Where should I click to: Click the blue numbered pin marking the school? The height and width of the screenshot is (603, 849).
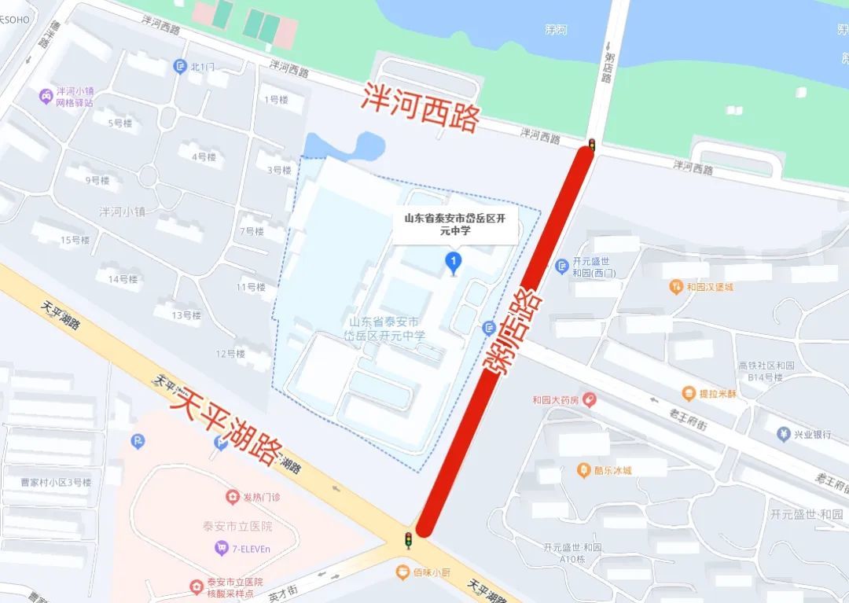(x=453, y=261)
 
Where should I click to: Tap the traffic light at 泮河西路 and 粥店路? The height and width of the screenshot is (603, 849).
(x=591, y=145)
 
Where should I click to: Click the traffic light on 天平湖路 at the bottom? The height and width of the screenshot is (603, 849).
(x=408, y=539)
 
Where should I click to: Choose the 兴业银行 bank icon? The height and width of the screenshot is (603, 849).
(x=783, y=434)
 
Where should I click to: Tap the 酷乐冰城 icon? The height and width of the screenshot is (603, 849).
(x=583, y=470)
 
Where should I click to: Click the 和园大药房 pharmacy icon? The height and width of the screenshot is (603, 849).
(x=589, y=399)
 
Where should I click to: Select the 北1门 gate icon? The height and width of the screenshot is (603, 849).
(x=180, y=67)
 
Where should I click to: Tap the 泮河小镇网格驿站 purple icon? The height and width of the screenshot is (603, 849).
(x=46, y=96)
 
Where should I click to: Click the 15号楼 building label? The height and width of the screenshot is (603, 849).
(x=75, y=240)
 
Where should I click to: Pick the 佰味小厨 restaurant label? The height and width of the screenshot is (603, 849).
(x=431, y=572)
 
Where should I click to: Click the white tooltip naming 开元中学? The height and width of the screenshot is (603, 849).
(x=455, y=224)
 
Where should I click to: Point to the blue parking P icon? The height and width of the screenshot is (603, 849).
(x=138, y=442)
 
